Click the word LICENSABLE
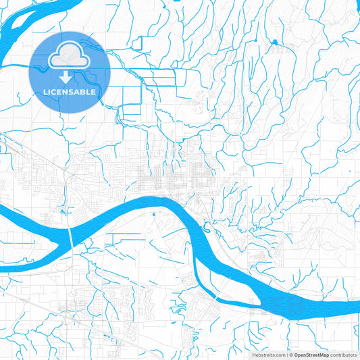70,91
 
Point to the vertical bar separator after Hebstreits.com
286,354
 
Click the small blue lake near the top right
274,43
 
